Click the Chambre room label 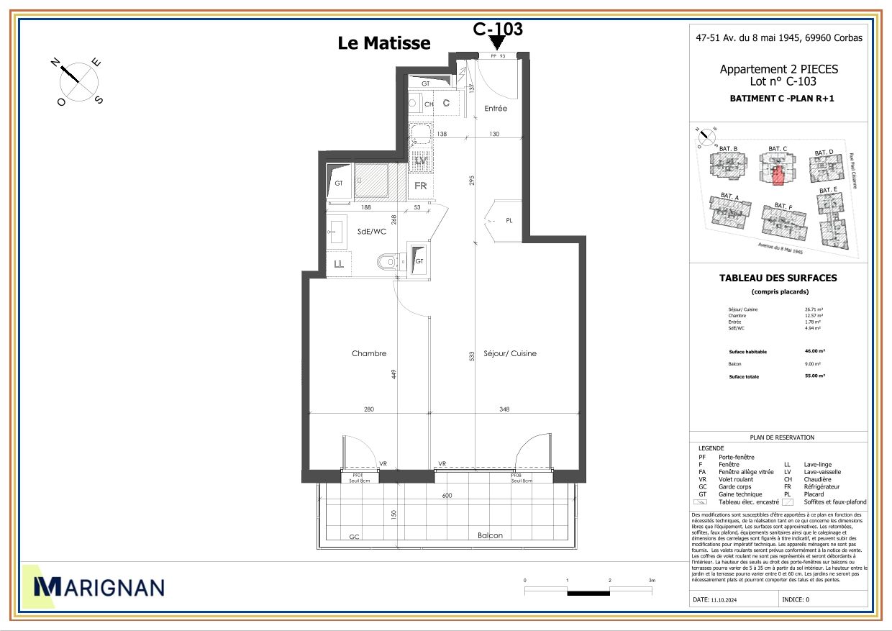click(x=369, y=353)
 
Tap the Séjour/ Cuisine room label click(x=509, y=353)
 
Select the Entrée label click(x=496, y=109)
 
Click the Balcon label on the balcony click(x=489, y=536)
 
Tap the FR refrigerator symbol click(x=421, y=185)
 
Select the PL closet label click(x=509, y=221)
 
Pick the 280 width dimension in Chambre click(x=369, y=409)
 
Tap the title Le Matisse click(x=384, y=43)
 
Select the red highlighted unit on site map click(x=777, y=176)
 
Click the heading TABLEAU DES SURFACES click(x=778, y=278)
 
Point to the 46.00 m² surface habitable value click(x=814, y=352)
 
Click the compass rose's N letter click(x=55, y=63)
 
